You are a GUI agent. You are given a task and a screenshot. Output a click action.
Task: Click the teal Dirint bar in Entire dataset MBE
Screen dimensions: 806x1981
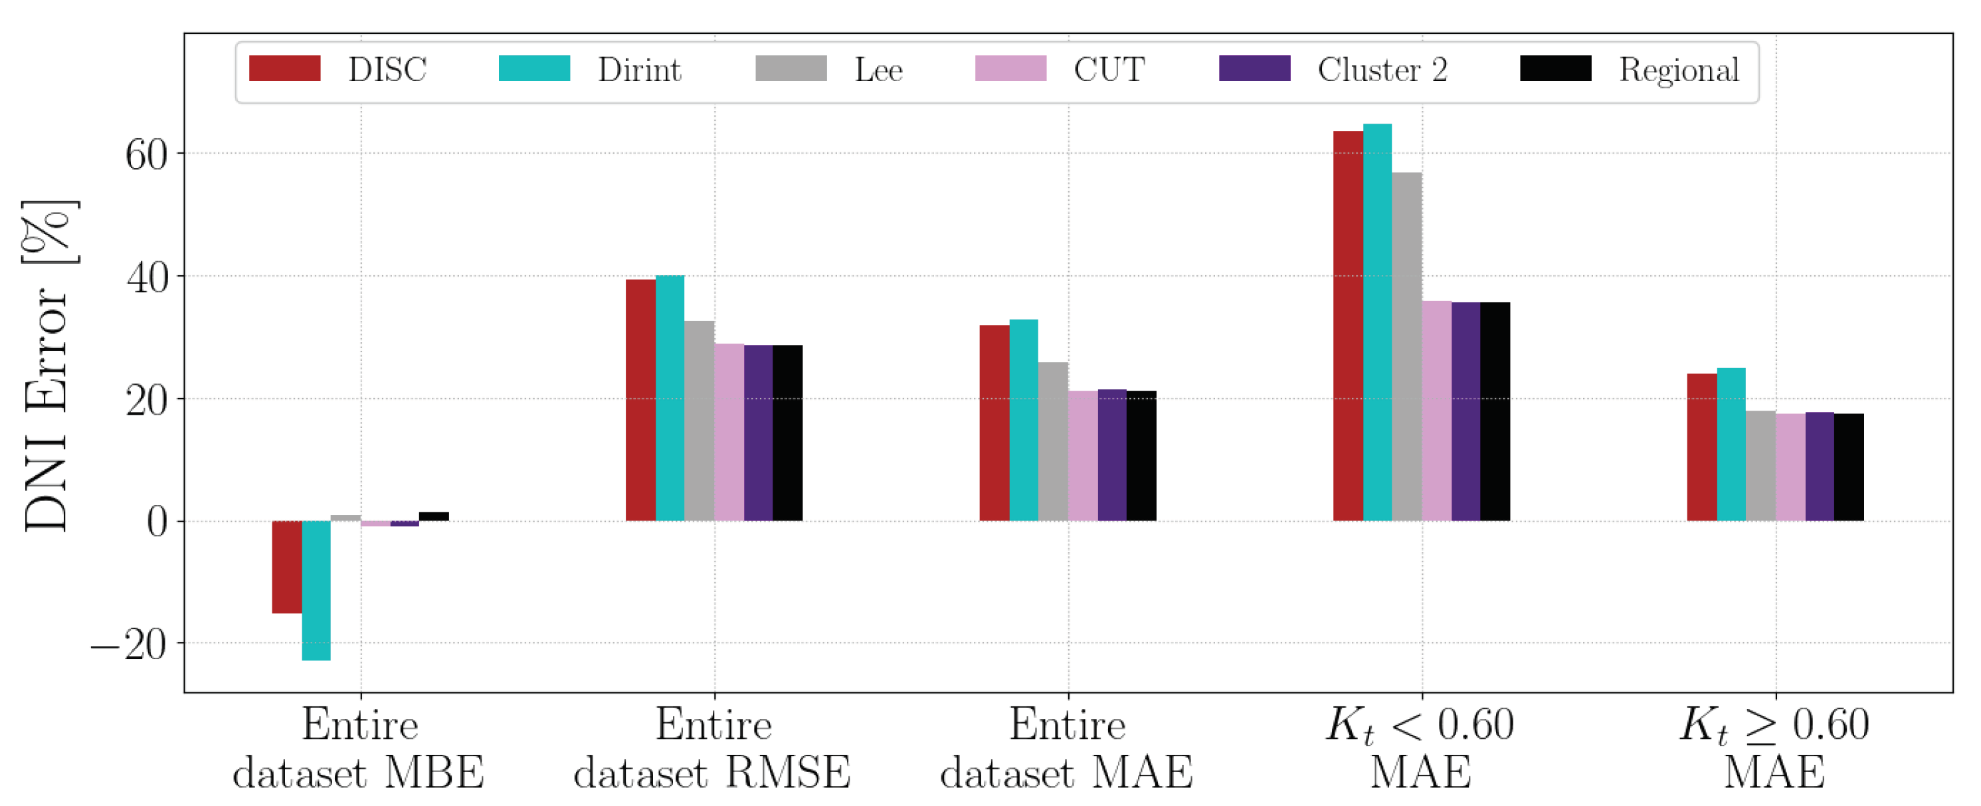(x=316, y=590)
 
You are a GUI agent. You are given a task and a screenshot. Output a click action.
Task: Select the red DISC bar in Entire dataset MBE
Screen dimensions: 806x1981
(x=287, y=567)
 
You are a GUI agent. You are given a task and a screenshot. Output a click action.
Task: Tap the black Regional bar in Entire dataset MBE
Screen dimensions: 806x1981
(x=434, y=517)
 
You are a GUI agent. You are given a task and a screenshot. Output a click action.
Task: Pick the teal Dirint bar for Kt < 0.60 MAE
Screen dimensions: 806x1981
(x=1377, y=323)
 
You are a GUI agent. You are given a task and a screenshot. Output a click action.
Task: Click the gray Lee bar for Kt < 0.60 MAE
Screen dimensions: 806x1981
(x=1406, y=346)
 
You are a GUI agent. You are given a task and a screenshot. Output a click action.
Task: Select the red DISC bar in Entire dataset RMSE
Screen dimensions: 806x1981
(x=640, y=400)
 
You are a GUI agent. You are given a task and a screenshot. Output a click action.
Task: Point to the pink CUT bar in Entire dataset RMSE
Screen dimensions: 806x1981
(x=729, y=432)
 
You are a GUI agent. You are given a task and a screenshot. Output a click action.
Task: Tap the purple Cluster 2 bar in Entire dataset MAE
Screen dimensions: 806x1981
(x=1112, y=455)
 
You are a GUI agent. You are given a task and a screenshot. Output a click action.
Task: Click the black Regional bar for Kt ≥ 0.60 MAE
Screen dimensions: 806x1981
(x=1849, y=467)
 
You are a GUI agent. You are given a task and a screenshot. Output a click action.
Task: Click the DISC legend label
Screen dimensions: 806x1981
(x=387, y=70)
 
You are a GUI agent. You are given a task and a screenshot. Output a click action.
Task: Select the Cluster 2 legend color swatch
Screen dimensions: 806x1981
(x=1254, y=68)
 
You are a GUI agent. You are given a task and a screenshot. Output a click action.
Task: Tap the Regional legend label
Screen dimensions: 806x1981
(x=1679, y=70)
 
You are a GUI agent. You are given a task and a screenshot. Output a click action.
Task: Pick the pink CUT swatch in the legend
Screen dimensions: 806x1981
(x=1010, y=68)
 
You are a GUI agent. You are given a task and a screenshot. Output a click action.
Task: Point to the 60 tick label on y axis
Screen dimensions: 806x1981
(x=146, y=155)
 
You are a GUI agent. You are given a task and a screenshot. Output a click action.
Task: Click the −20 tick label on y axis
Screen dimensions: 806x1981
(x=129, y=645)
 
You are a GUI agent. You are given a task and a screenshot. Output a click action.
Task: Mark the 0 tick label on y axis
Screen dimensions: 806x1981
(x=157, y=523)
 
